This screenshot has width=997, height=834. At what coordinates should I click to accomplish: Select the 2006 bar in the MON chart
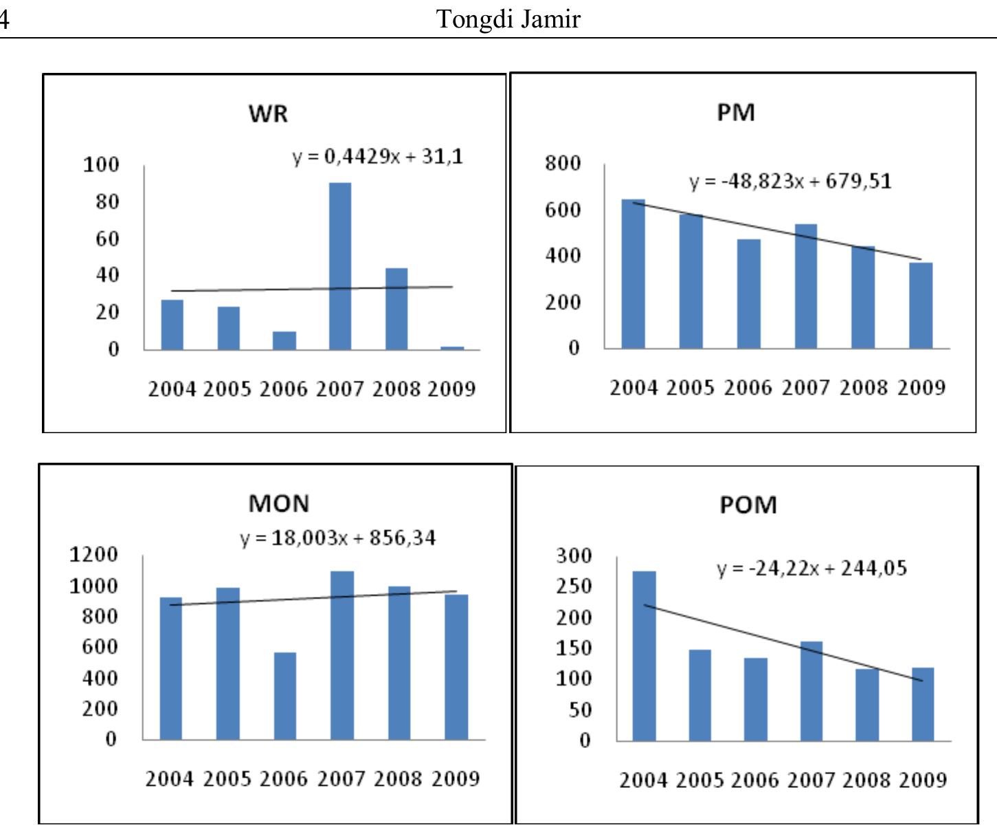pyautogui.click(x=284, y=696)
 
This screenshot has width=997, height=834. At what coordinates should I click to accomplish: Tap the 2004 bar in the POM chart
pyautogui.click(x=644, y=656)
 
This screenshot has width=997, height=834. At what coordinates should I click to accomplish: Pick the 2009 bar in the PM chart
pyautogui.click(x=921, y=305)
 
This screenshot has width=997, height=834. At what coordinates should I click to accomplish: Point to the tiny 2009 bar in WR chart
pyautogui.click(x=452, y=348)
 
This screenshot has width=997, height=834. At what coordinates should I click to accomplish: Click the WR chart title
pyautogui.click(x=268, y=113)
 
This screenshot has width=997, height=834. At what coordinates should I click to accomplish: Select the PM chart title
pyautogui.click(x=736, y=112)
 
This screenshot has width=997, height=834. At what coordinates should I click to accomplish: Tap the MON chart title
pyautogui.click(x=278, y=504)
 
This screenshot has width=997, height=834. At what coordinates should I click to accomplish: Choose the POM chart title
pyautogui.click(x=748, y=505)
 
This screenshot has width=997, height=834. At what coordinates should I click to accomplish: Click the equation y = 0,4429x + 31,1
pyautogui.click(x=378, y=157)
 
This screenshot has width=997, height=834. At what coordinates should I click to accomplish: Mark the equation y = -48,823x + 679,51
pyautogui.click(x=790, y=182)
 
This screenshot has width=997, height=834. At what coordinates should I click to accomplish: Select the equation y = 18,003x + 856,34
pyautogui.click(x=337, y=538)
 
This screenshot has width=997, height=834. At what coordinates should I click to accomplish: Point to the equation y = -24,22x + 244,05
pyautogui.click(x=811, y=569)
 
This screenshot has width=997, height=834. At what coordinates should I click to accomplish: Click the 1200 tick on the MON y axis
pyautogui.click(x=93, y=554)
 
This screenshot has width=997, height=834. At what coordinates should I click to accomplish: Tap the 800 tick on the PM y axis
pyautogui.click(x=563, y=164)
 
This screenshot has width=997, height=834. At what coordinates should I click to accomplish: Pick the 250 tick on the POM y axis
pyautogui.click(x=574, y=586)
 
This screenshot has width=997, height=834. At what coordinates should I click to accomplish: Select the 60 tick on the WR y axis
pyautogui.click(x=101, y=239)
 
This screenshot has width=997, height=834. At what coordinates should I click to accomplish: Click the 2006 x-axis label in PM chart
pyautogui.click(x=748, y=388)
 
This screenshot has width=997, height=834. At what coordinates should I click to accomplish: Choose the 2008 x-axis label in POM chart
pyautogui.click(x=867, y=780)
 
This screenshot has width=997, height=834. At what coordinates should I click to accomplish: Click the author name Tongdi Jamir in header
pyautogui.click(x=508, y=19)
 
